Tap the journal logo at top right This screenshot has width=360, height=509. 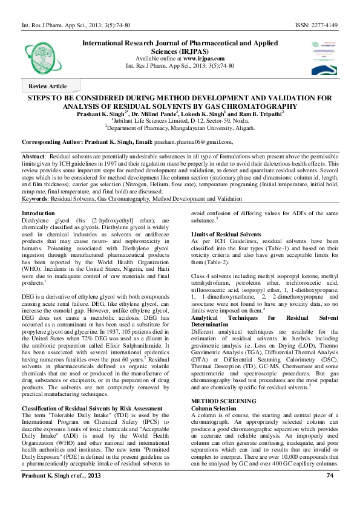[x=324, y=53]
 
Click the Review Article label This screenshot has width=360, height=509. [x=48, y=86]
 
